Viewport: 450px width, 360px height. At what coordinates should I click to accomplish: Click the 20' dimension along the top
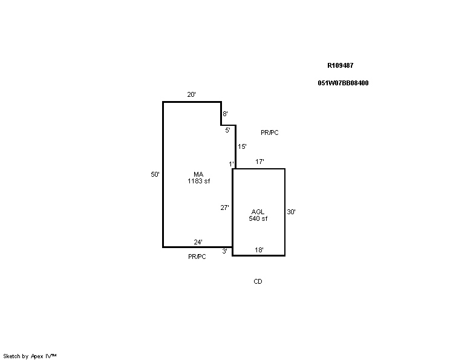coord(191,94)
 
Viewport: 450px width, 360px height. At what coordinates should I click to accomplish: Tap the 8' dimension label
coord(225,114)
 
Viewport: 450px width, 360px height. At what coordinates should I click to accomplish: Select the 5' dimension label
coord(227,130)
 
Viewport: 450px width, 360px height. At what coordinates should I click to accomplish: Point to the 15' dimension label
coord(242,146)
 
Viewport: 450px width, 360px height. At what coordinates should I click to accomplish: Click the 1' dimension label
coord(231,164)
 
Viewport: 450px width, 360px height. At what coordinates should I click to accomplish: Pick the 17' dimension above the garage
coord(259,162)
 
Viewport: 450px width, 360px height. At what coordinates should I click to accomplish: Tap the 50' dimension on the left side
coord(155,174)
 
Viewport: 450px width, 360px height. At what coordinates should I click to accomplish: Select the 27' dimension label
coord(225,208)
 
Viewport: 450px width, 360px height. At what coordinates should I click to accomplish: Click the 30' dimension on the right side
coord(292,212)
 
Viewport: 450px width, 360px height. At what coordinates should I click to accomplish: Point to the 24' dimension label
coord(198,242)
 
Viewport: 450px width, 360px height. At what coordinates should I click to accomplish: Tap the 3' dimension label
coord(225,252)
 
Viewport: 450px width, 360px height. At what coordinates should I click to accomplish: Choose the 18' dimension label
coord(259,250)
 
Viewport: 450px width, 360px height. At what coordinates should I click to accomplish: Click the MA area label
coord(198,174)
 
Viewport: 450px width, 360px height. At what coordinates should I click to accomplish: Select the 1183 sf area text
coord(198,181)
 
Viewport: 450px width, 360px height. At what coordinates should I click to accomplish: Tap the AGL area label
coord(258,212)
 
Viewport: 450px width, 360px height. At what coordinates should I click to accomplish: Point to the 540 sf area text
coord(258,219)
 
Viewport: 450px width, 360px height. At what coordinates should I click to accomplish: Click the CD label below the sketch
coord(258,281)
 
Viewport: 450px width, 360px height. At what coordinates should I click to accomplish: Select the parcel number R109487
coord(341,65)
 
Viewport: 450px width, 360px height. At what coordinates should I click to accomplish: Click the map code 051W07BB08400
coord(343,83)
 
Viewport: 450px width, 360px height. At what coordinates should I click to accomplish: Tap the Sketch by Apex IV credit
coord(30,356)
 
